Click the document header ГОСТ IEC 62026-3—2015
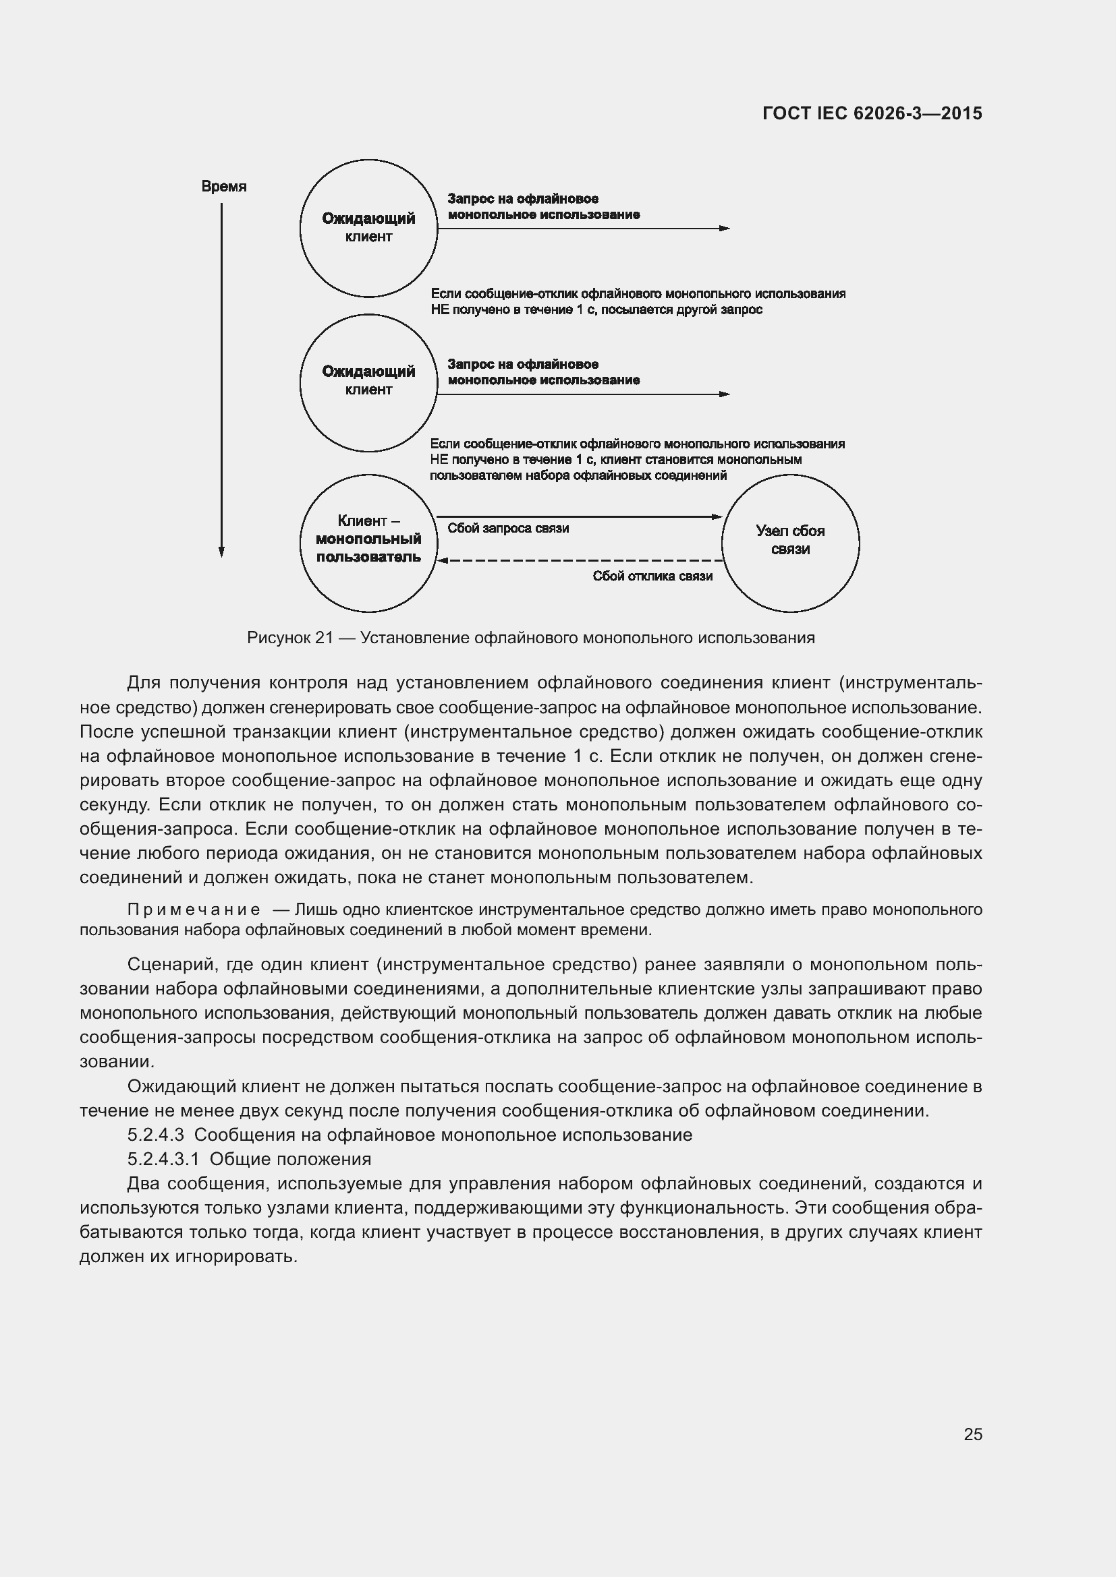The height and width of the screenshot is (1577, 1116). [872, 113]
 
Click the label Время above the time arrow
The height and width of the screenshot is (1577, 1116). [224, 186]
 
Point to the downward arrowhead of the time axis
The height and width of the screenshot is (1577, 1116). [221, 552]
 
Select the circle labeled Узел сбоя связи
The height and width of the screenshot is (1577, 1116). [790, 543]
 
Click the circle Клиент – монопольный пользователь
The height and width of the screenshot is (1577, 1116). [368, 543]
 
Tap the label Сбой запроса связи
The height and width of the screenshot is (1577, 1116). [508, 528]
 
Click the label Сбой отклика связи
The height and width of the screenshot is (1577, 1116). [652, 576]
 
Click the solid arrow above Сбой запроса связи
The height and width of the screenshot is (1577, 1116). [581, 516]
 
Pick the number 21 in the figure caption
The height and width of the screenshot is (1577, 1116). [324, 638]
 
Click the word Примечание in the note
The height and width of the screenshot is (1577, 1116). [194, 910]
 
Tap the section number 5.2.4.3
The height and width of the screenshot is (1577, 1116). [156, 1135]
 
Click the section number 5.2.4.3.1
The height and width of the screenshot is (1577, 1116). [163, 1160]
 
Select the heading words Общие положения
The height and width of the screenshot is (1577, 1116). [290, 1160]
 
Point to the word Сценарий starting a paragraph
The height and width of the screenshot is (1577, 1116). [171, 964]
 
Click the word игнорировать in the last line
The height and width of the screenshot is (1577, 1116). [233, 1257]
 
